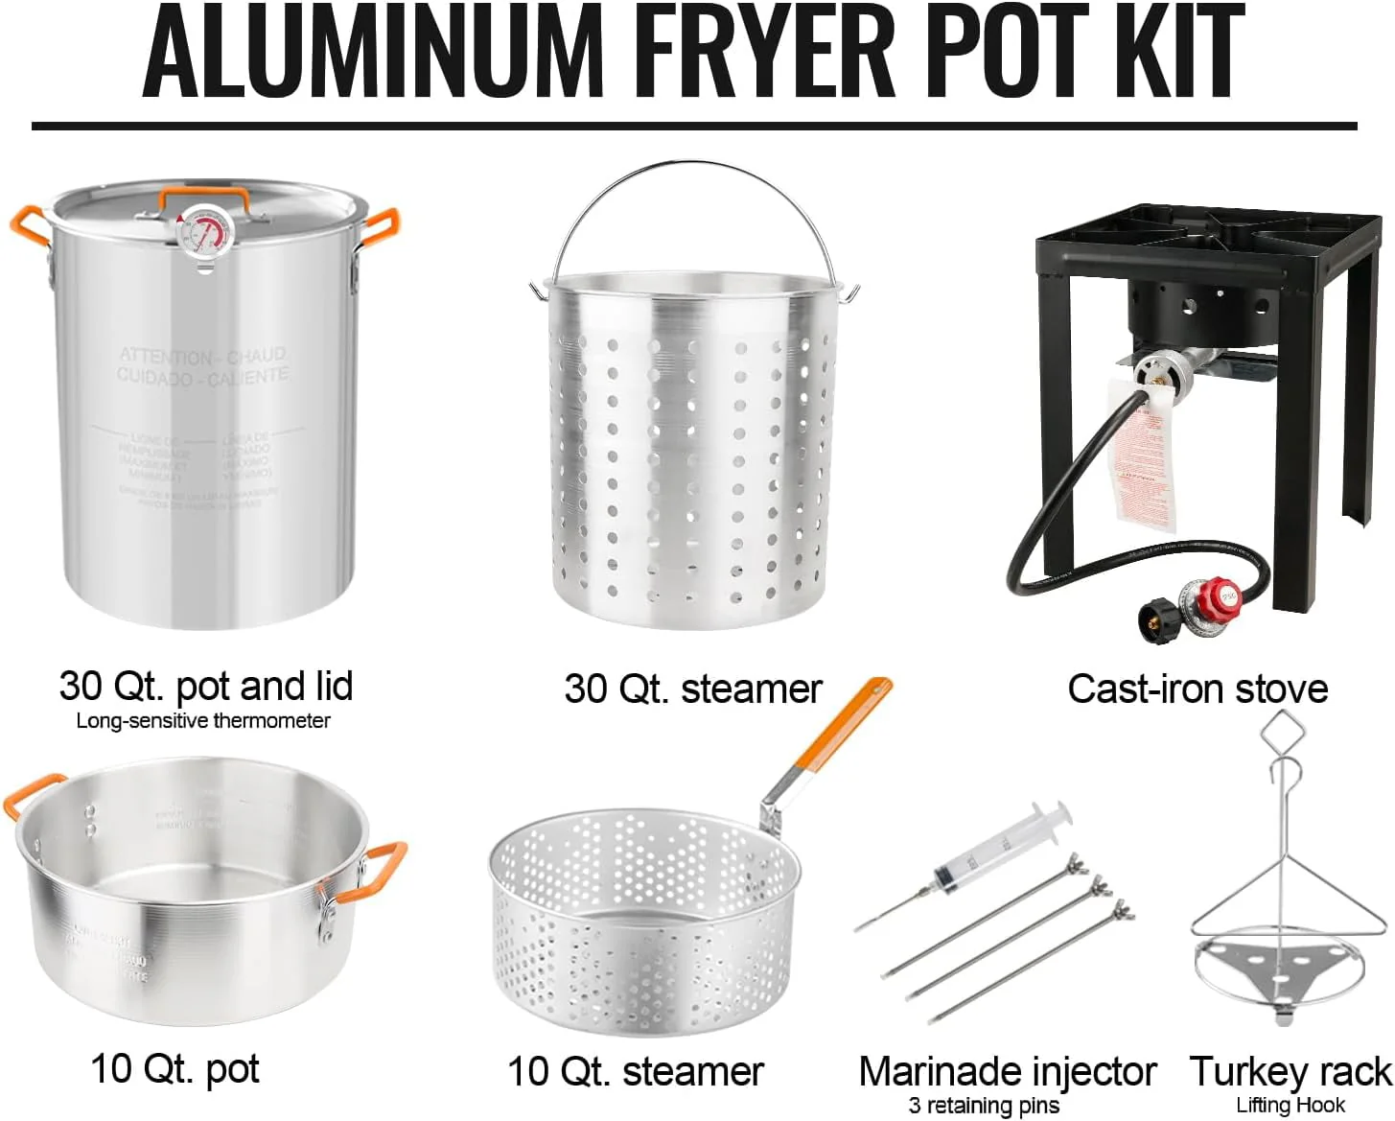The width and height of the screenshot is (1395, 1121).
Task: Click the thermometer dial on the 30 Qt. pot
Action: point(204,233)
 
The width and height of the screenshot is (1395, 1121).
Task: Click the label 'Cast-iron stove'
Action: point(1197,689)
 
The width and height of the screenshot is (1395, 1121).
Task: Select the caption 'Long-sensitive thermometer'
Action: point(203,721)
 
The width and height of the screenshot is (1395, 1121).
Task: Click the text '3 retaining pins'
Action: point(984,1105)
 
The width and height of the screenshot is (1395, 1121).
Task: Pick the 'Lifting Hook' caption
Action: point(1290,1105)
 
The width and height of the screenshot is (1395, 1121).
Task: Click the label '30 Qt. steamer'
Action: point(693,689)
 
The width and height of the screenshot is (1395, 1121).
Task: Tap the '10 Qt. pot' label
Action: point(175,1068)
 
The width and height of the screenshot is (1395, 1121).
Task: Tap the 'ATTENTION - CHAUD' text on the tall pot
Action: point(202,356)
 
